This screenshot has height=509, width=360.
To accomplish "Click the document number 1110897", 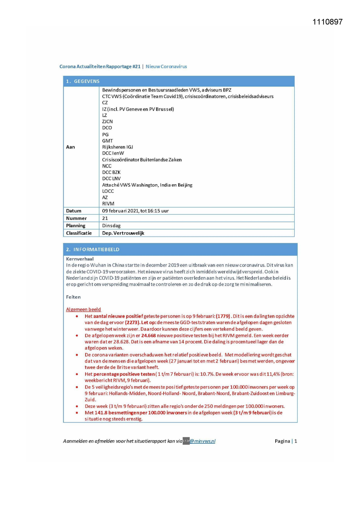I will pos(327,22).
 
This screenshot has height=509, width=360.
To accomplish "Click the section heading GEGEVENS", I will pos(86,81).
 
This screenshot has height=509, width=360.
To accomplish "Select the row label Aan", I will pos(70,147).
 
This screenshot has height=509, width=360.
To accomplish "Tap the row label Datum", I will pos(74,211).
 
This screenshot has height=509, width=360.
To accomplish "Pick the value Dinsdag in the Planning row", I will pos(111,226).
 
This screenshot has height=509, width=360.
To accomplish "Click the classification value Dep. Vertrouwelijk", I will pos(123,233).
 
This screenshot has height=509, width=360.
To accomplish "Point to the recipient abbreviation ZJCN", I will pos(107,122).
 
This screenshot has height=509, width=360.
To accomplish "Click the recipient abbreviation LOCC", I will pos(108,191).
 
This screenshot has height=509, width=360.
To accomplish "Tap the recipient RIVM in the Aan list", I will pos(108,204).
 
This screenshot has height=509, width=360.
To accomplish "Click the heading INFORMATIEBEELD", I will pos(96,250).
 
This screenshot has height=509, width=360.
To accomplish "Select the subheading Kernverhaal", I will pos(80,259).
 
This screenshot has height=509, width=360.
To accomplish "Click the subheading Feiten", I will pos(73,297).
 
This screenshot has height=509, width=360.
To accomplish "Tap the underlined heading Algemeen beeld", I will pos(84,310).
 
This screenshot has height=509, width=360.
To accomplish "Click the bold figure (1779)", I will pos(223,316).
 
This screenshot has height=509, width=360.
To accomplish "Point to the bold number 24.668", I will pos(149,336).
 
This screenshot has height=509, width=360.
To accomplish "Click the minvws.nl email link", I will pos(202,441).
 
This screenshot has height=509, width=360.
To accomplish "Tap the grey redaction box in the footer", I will pos(186,441).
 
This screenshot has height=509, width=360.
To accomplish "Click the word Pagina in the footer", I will pos(282,441).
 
